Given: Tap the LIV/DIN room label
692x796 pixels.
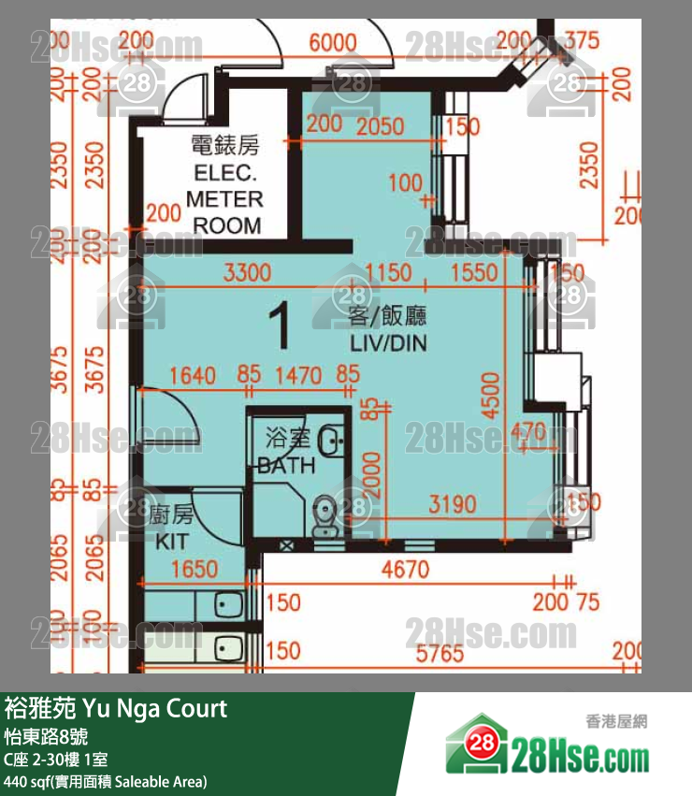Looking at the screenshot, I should pyautogui.click(x=388, y=330).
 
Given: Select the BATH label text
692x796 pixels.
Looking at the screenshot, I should pyautogui.click(x=287, y=452).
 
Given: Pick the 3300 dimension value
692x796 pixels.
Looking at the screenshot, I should pyautogui.click(x=247, y=273).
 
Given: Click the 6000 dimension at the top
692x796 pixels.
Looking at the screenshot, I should pyautogui.click(x=332, y=42).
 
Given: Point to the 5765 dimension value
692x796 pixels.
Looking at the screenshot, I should pyautogui.click(x=439, y=652).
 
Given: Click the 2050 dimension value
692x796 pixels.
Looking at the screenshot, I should pyautogui.click(x=381, y=126).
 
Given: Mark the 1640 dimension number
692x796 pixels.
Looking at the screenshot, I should pyautogui.click(x=193, y=376).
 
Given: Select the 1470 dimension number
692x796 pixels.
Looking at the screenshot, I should pyautogui.click(x=297, y=376).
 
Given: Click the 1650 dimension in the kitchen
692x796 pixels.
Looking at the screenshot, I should pyautogui.click(x=195, y=570).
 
